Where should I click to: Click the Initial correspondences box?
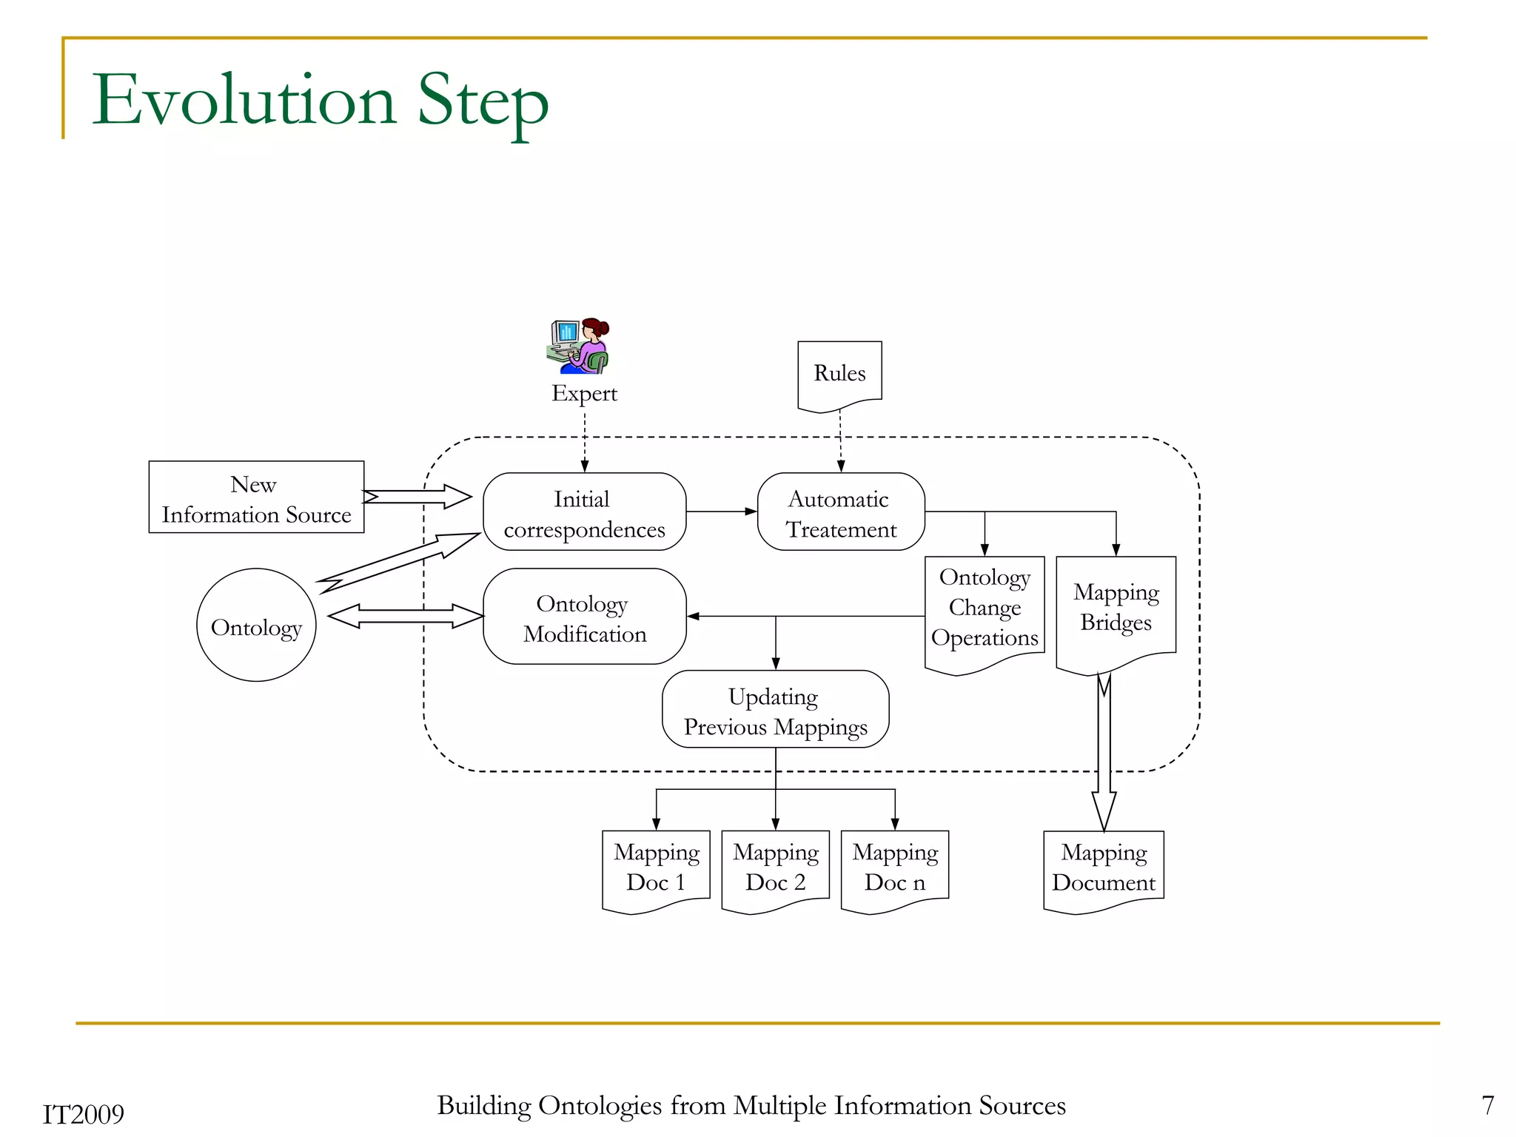coord(584,512)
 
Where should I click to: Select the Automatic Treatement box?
coord(841,512)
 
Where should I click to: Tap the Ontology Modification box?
coord(584,617)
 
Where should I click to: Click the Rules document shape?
coord(839,374)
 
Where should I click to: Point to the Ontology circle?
coord(256,625)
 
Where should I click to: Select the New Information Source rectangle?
coord(256,497)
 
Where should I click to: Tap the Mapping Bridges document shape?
coord(1116,608)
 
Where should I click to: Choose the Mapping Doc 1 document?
coord(656,868)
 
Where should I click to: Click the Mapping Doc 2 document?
coord(775,868)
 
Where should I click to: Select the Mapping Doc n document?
coord(894,868)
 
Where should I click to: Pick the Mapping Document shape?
coord(1104,868)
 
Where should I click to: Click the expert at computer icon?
coord(579,346)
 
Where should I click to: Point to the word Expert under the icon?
coord(584,393)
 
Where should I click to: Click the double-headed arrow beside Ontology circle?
coord(405,617)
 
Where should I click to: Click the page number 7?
coord(1488,1105)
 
